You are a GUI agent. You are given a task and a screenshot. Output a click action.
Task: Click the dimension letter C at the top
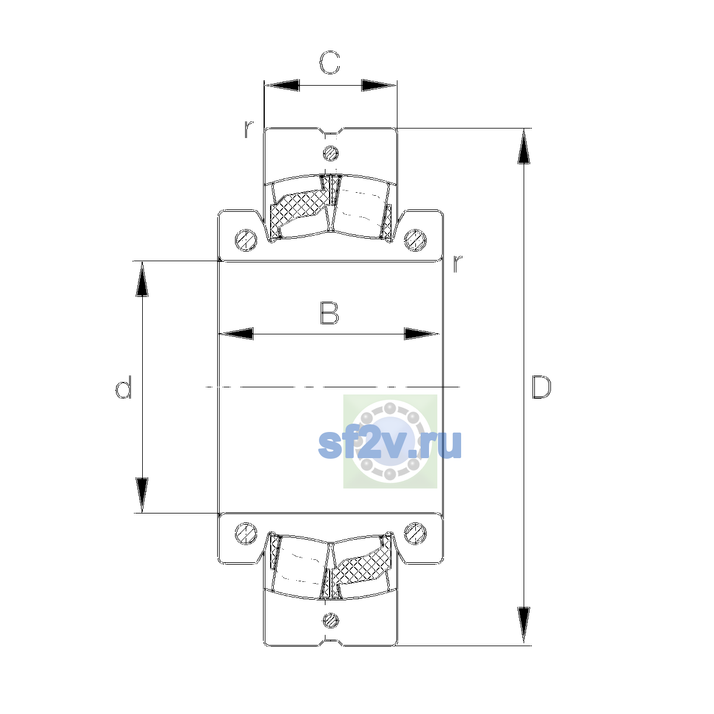(x=330, y=62)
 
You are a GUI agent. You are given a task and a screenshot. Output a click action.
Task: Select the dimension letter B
(x=330, y=313)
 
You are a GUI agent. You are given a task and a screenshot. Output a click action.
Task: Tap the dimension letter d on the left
(x=123, y=387)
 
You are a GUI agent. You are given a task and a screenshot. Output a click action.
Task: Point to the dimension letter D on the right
(x=541, y=387)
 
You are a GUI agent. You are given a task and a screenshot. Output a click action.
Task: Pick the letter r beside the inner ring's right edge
(x=458, y=264)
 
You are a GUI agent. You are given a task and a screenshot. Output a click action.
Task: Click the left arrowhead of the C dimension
(x=282, y=85)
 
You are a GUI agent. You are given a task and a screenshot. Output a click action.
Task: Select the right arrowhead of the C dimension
(x=378, y=85)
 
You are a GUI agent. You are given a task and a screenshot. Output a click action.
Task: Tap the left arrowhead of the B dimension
(x=236, y=333)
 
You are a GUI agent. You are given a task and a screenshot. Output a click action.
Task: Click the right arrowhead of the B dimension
(x=421, y=333)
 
